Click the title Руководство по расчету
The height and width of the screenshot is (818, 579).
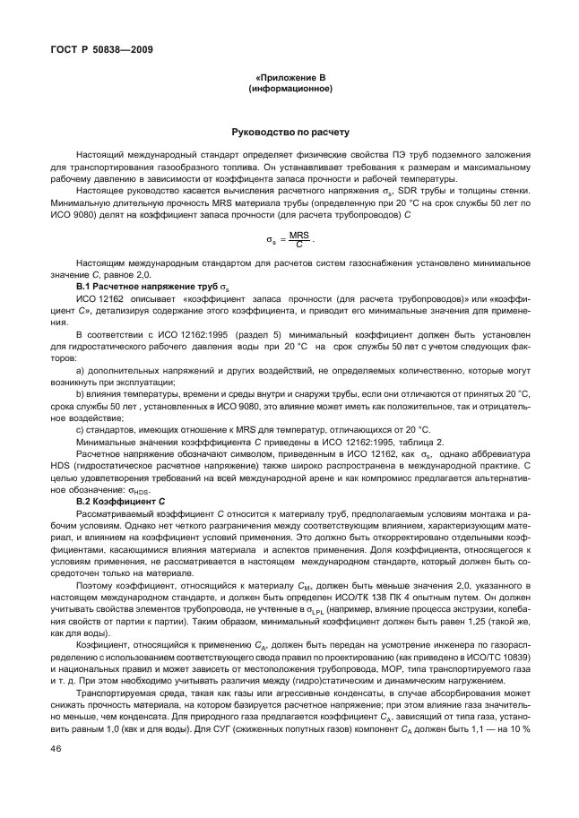tap(289, 131)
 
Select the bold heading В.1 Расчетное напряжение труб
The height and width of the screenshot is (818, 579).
tap(139, 285)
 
